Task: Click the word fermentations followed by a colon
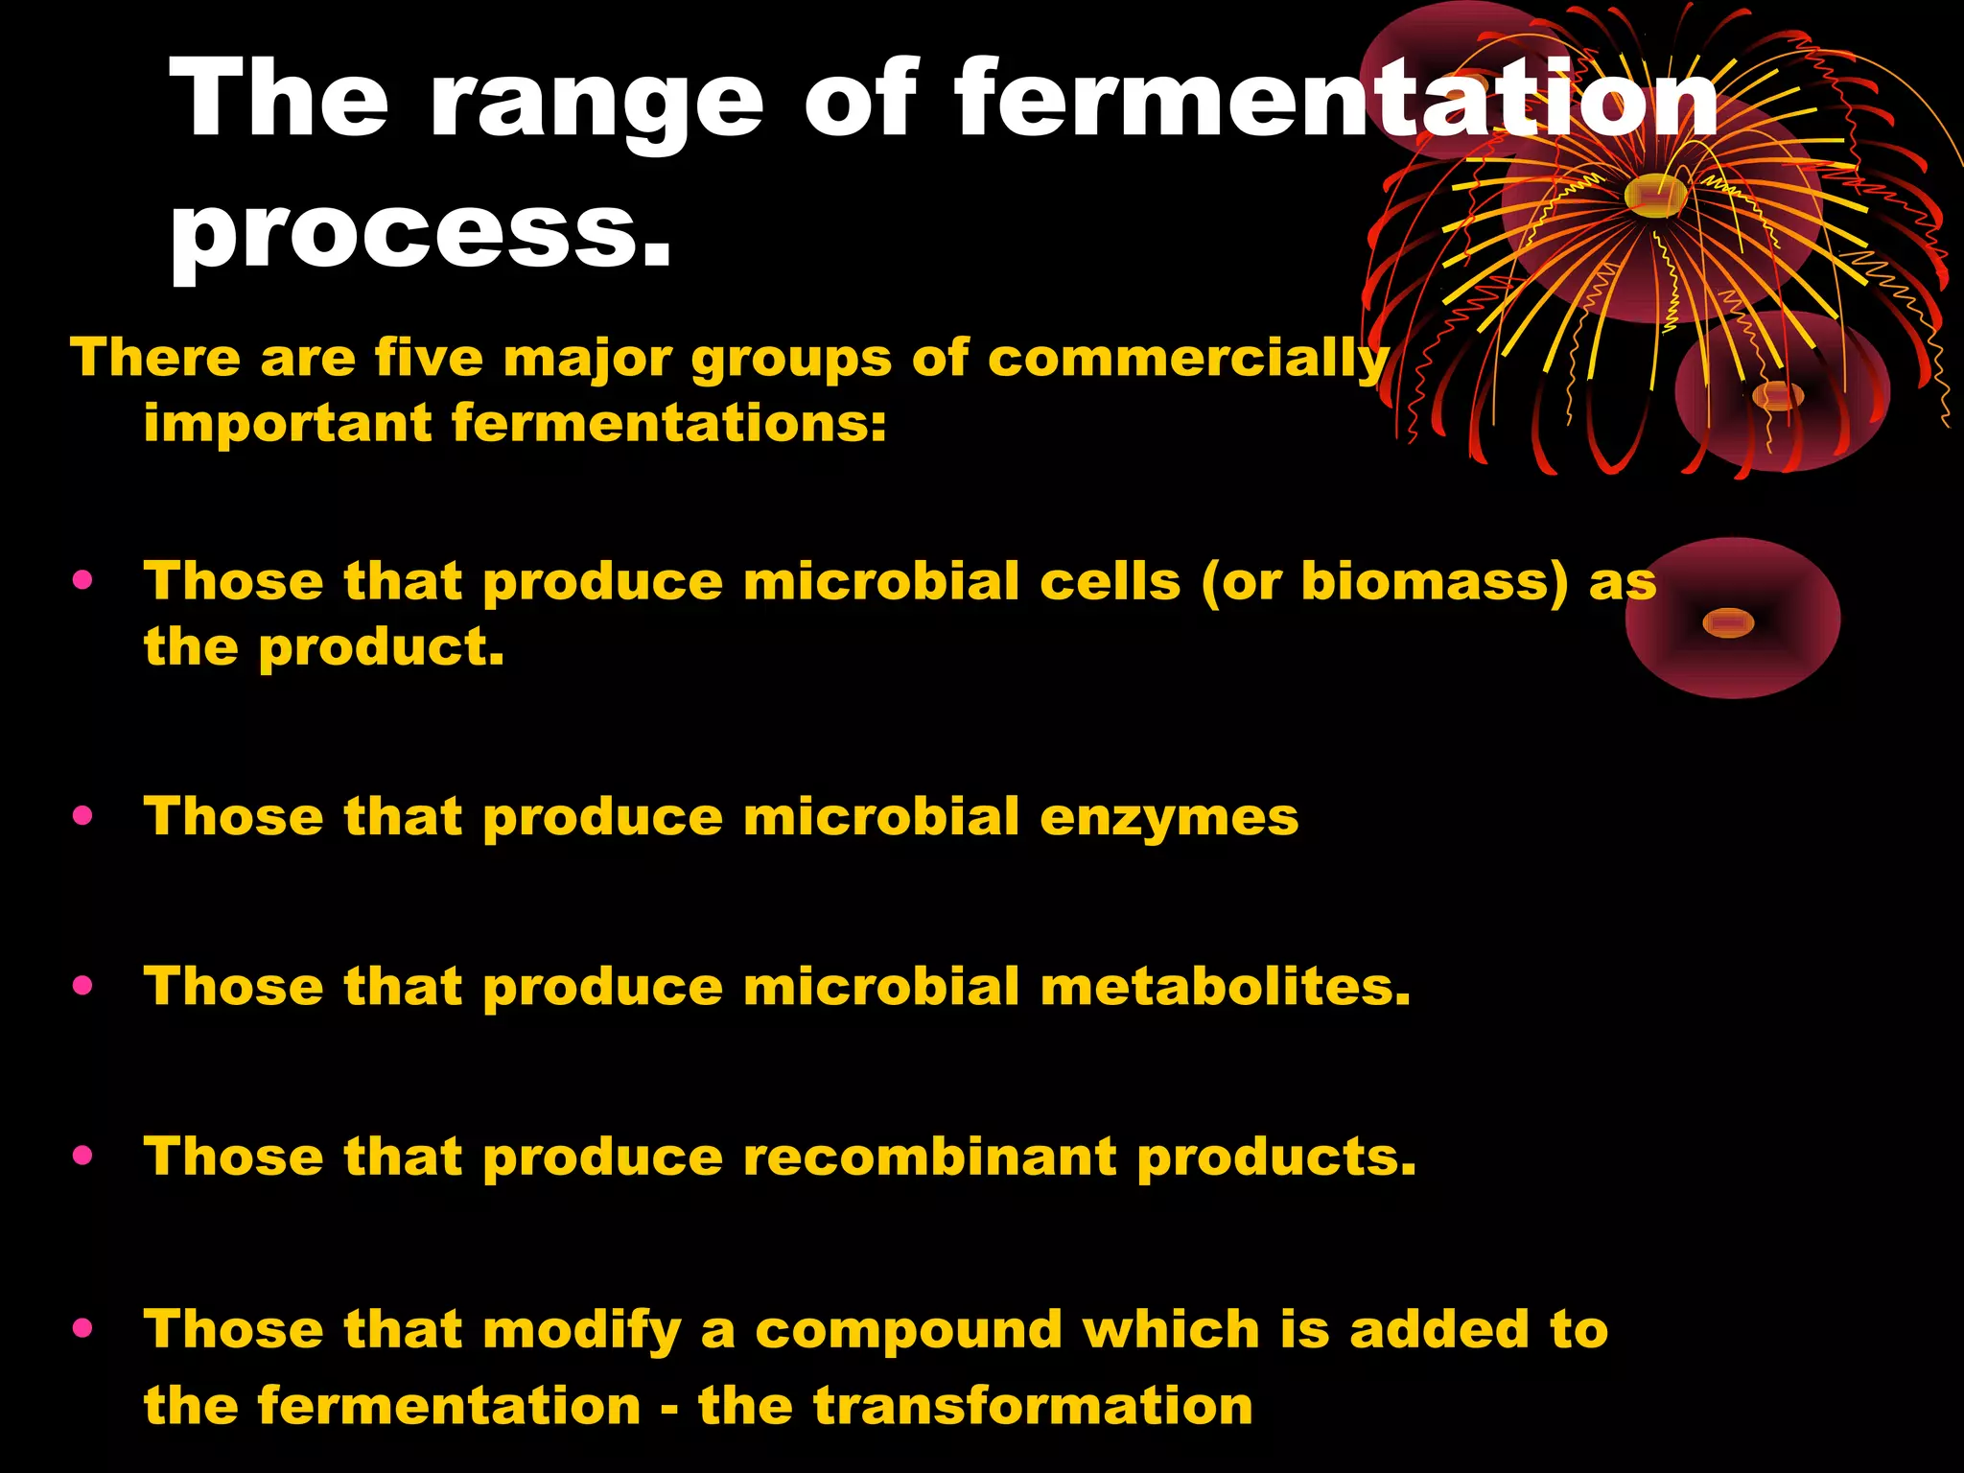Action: [668, 423]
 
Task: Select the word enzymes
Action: [1169, 817]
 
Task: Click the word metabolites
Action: [1225, 987]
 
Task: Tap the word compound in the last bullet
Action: [909, 1331]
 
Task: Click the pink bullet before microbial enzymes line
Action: [82, 816]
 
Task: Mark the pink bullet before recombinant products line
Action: [82, 1156]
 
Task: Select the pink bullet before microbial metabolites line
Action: [82, 986]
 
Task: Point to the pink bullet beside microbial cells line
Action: [82, 580]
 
